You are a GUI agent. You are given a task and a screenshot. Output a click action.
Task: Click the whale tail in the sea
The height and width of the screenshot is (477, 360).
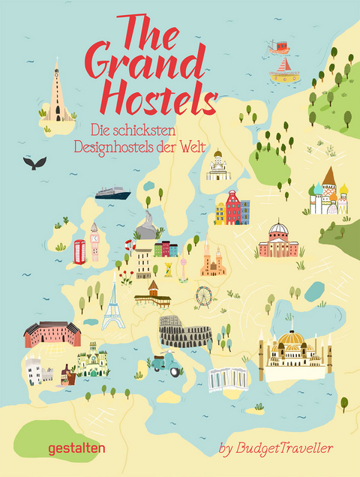click(34, 162)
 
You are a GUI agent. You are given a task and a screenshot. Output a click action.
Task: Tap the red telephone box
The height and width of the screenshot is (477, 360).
click(79, 251)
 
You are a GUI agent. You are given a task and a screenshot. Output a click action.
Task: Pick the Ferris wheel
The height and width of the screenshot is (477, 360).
click(204, 295)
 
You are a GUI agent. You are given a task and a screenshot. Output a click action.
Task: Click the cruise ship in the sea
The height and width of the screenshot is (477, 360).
click(112, 193)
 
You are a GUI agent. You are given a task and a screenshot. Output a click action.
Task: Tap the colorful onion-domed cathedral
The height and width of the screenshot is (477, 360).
click(328, 193)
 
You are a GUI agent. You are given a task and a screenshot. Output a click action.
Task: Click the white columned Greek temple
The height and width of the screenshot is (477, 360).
click(226, 379)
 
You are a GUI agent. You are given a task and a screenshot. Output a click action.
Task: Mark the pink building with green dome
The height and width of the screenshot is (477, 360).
click(278, 240)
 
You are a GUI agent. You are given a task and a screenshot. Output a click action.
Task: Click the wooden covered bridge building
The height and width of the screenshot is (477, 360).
click(152, 294)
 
